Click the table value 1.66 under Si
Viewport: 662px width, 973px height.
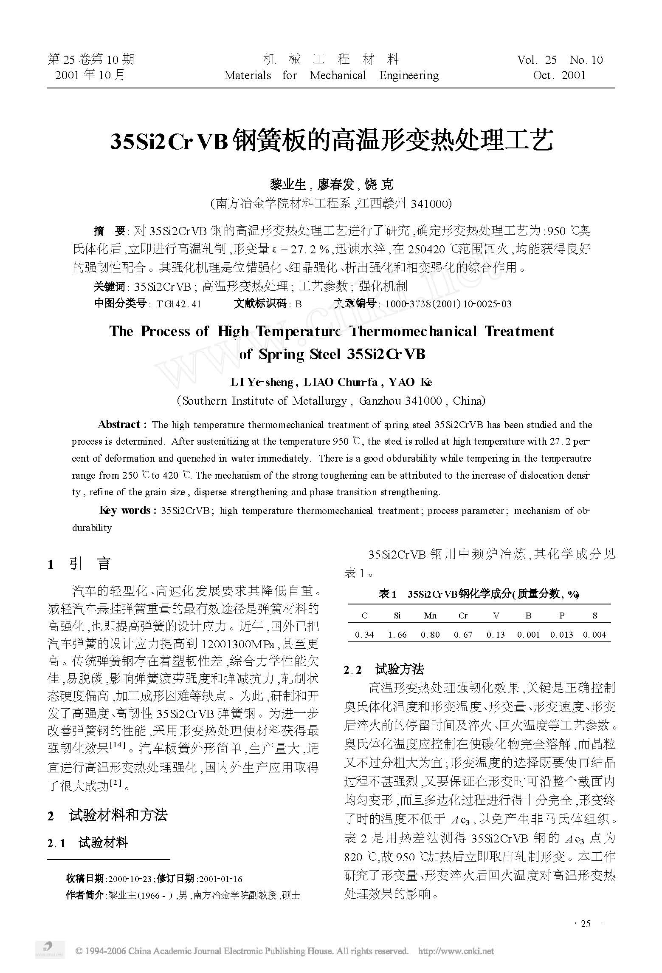point(397,635)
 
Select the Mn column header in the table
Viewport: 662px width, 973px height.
point(430,616)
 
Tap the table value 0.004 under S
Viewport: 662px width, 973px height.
point(594,635)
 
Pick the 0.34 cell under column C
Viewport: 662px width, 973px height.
point(364,635)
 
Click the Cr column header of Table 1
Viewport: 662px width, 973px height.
point(463,616)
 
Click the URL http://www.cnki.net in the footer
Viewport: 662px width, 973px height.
point(456,951)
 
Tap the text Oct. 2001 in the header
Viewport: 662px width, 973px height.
point(559,76)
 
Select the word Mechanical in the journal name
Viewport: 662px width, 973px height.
point(338,76)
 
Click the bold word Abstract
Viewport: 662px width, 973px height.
point(119,425)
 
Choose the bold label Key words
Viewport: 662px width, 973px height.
point(125,511)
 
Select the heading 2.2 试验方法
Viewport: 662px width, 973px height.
point(384,670)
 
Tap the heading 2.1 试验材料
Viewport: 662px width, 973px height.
point(87,843)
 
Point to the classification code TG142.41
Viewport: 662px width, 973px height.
point(178,304)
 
